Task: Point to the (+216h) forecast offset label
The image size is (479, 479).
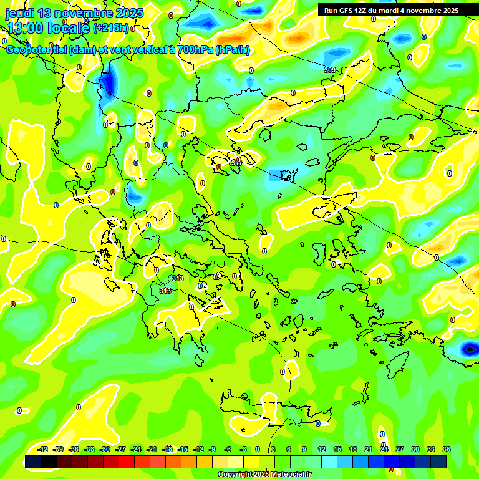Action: tap(111, 27)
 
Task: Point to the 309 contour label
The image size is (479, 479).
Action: tap(330, 70)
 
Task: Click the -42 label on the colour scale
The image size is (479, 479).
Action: tap(43, 449)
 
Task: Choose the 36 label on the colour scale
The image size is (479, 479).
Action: tap(447, 449)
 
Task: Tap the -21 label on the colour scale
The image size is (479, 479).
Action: tap(152, 449)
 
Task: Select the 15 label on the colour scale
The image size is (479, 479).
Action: tap(337, 449)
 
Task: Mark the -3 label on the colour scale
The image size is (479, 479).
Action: tap(243, 449)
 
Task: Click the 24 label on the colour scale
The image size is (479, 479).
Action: tap(384, 449)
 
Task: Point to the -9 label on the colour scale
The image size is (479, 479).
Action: tap(212, 449)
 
